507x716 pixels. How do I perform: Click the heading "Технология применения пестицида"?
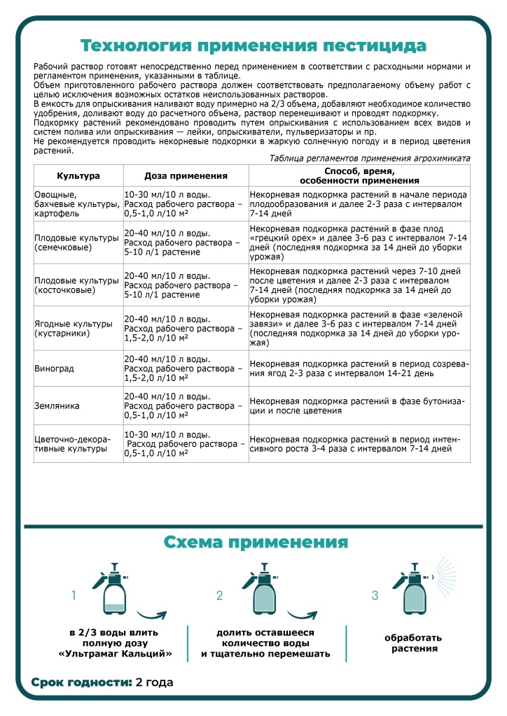(x=253, y=46)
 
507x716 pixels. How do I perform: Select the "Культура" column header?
(x=78, y=175)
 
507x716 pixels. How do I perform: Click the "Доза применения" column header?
(x=186, y=175)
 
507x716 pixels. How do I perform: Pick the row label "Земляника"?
(x=57, y=405)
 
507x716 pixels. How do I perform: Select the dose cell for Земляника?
(x=183, y=405)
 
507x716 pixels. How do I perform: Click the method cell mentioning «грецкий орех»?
(x=359, y=242)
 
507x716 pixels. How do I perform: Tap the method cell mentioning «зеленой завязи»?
(x=359, y=329)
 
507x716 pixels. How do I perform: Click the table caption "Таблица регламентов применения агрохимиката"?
(x=370, y=158)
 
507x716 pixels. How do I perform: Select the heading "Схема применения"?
(x=256, y=543)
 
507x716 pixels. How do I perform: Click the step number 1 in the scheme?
(x=73, y=596)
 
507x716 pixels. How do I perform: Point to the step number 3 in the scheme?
(x=375, y=596)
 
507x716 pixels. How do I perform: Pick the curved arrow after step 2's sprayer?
(x=305, y=613)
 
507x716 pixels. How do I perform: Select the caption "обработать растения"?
(x=413, y=643)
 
